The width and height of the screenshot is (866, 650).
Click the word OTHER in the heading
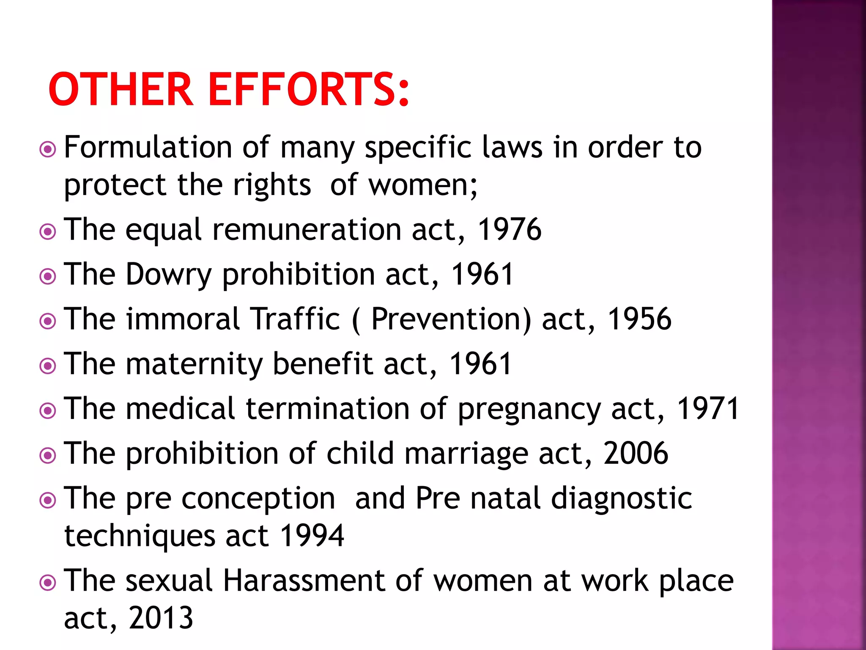(121, 90)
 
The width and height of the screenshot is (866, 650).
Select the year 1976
(509, 229)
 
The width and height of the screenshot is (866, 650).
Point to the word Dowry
(168, 275)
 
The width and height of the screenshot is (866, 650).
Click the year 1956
(639, 319)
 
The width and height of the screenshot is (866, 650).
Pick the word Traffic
(295, 319)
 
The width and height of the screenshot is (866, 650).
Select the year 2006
(636, 454)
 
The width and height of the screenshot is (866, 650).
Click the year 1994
(312, 536)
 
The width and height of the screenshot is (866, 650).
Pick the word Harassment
(304, 581)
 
